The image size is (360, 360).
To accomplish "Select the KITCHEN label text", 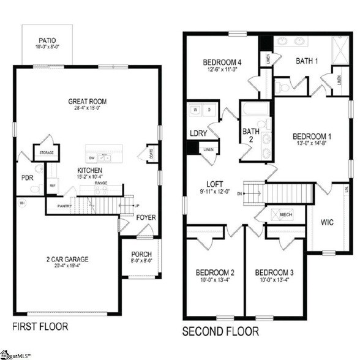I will click(89, 170).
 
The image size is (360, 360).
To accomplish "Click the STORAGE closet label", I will click(47, 152).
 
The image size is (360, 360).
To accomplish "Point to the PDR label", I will click(27, 178).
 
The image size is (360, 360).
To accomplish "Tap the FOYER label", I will click(146, 217).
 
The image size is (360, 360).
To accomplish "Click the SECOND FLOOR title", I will click(221, 331).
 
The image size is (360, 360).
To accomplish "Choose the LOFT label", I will click(215, 183).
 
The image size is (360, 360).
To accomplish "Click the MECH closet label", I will click(286, 215).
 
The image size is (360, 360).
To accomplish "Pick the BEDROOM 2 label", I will click(215, 272).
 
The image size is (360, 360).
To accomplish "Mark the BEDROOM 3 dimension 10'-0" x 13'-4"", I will click(274, 281).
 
